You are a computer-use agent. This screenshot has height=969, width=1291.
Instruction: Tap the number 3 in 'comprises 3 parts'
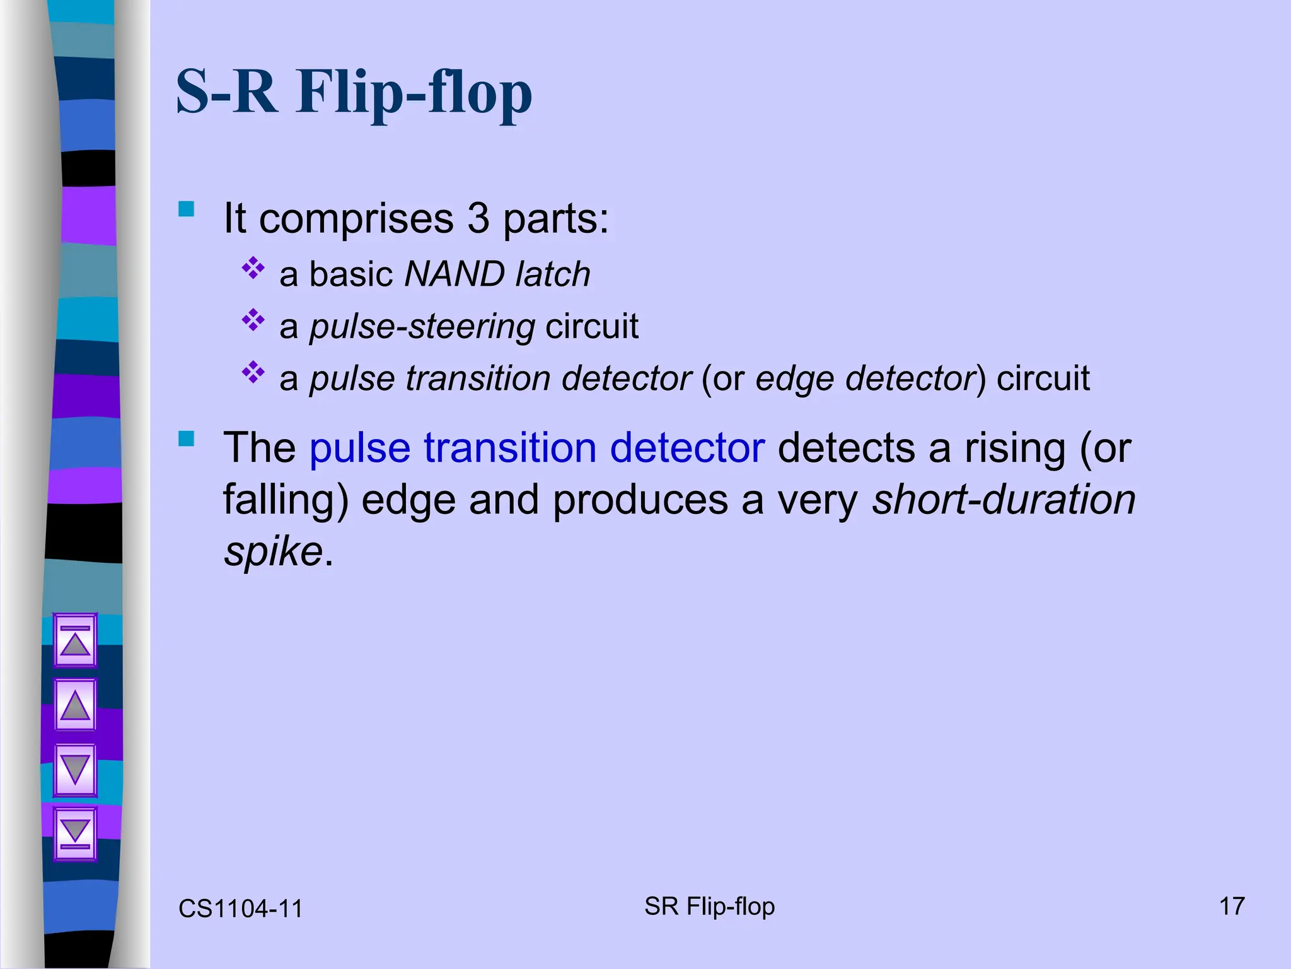(x=478, y=219)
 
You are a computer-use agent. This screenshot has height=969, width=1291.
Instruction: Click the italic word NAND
(x=454, y=274)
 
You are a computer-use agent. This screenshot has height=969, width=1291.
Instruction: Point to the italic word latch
(x=553, y=274)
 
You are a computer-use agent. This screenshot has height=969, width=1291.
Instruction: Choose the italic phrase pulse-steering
(x=422, y=327)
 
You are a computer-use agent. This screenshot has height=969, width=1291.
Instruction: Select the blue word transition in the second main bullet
(x=509, y=448)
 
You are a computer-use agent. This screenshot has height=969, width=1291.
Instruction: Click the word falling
(x=286, y=500)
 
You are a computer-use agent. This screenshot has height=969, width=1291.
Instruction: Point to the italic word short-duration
(x=1004, y=500)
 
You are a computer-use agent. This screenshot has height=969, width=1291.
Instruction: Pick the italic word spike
(x=274, y=552)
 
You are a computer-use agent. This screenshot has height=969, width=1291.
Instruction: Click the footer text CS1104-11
(x=240, y=909)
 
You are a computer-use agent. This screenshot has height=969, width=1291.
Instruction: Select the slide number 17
(x=1232, y=907)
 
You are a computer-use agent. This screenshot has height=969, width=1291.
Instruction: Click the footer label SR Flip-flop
(x=709, y=907)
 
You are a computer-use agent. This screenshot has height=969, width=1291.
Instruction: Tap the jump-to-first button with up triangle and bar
(x=75, y=640)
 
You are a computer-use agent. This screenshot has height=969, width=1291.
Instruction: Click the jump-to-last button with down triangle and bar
(x=75, y=834)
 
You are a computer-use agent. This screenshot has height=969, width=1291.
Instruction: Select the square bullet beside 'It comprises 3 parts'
(x=187, y=209)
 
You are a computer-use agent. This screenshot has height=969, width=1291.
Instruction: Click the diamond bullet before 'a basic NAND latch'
(x=253, y=268)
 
